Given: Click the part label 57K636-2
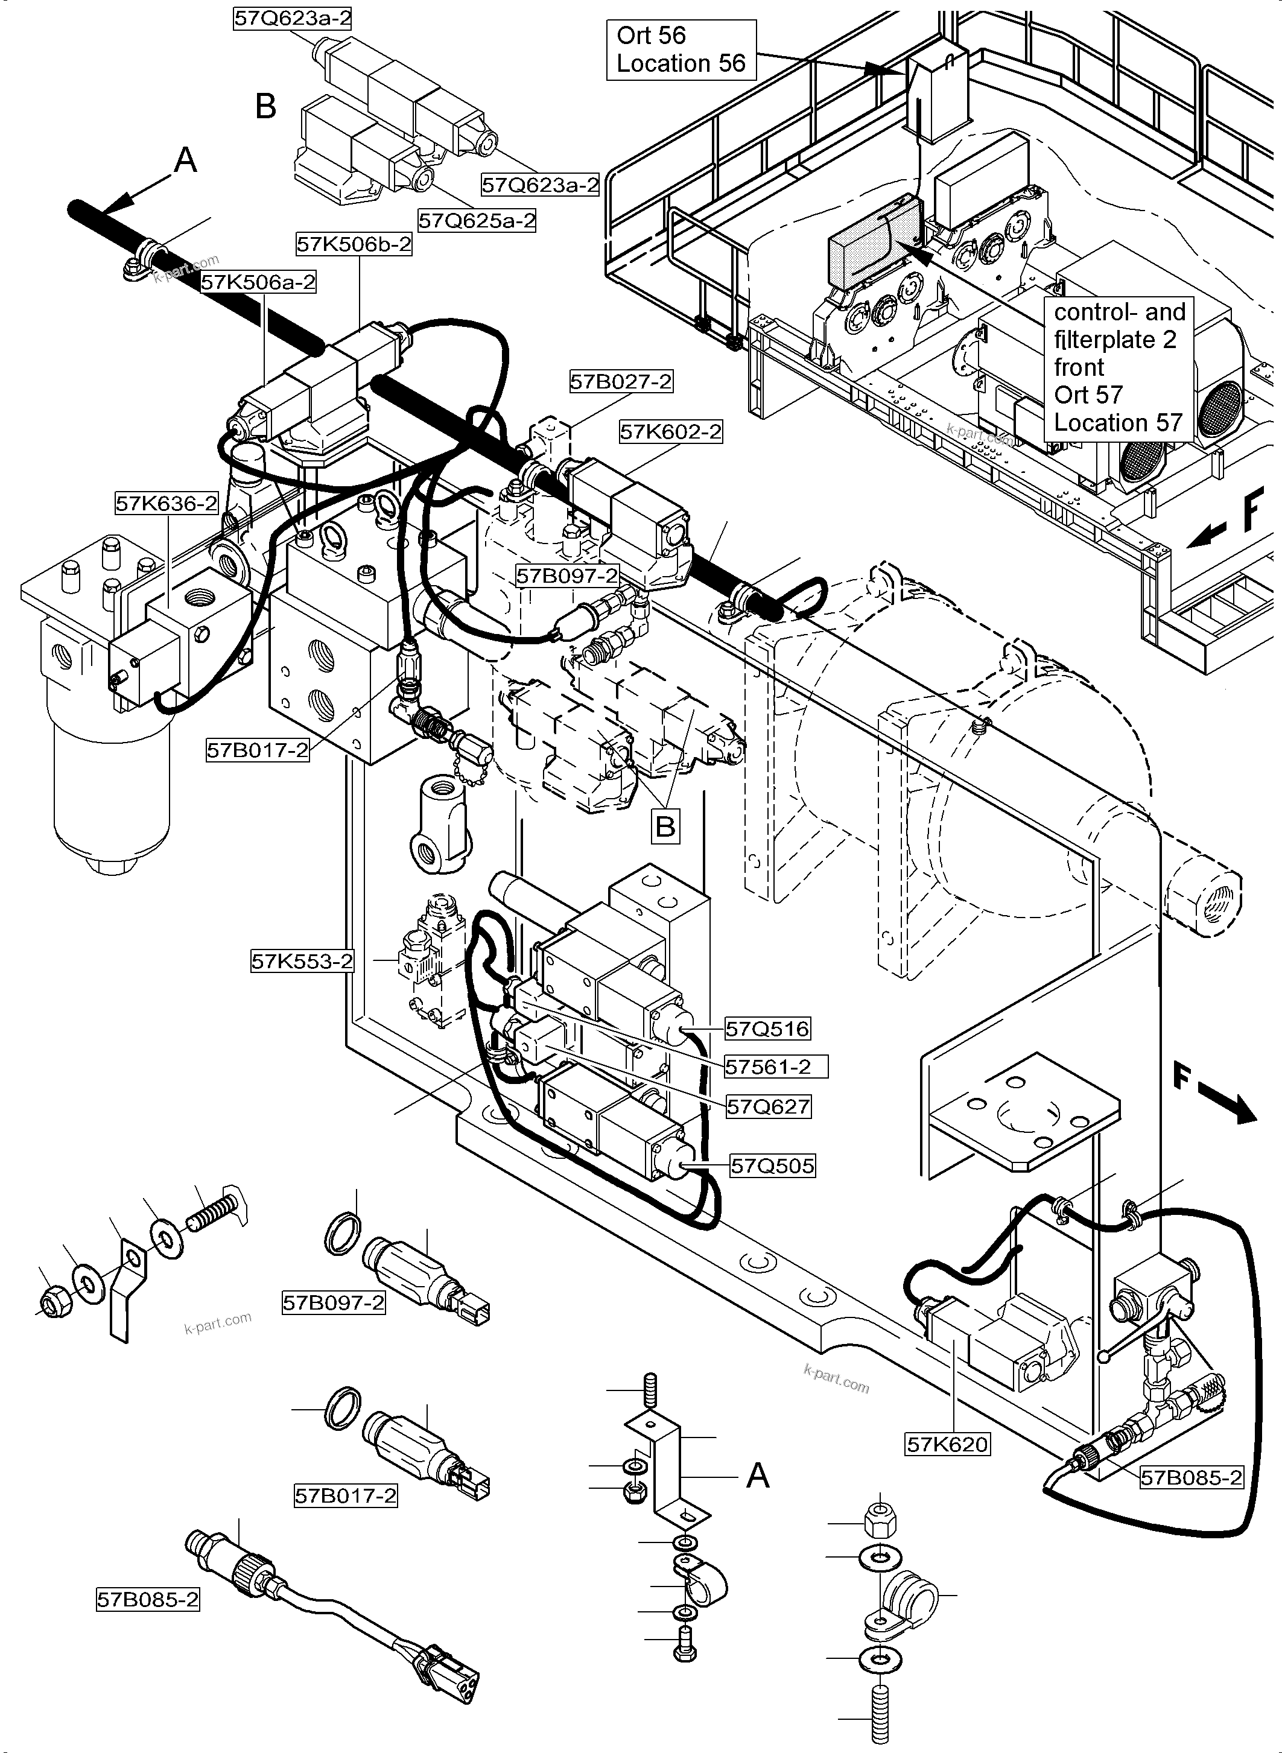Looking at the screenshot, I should [x=167, y=504].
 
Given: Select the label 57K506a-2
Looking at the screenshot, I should [x=258, y=282].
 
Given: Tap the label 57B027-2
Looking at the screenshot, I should [x=621, y=382].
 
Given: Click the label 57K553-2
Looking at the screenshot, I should [x=302, y=962].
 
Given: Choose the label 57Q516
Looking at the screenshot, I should [x=767, y=1029].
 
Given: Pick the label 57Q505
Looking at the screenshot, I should [x=773, y=1165].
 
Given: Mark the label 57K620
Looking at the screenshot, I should [x=948, y=1444].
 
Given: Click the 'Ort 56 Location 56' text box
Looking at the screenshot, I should [x=681, y=49].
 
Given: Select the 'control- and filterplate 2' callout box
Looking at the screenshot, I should [x=1119, y=368].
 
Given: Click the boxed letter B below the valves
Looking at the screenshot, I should [x=665, y=826].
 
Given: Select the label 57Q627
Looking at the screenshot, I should [x=768, y=1106].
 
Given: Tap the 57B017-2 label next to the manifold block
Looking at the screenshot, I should [x=258, y=750].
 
